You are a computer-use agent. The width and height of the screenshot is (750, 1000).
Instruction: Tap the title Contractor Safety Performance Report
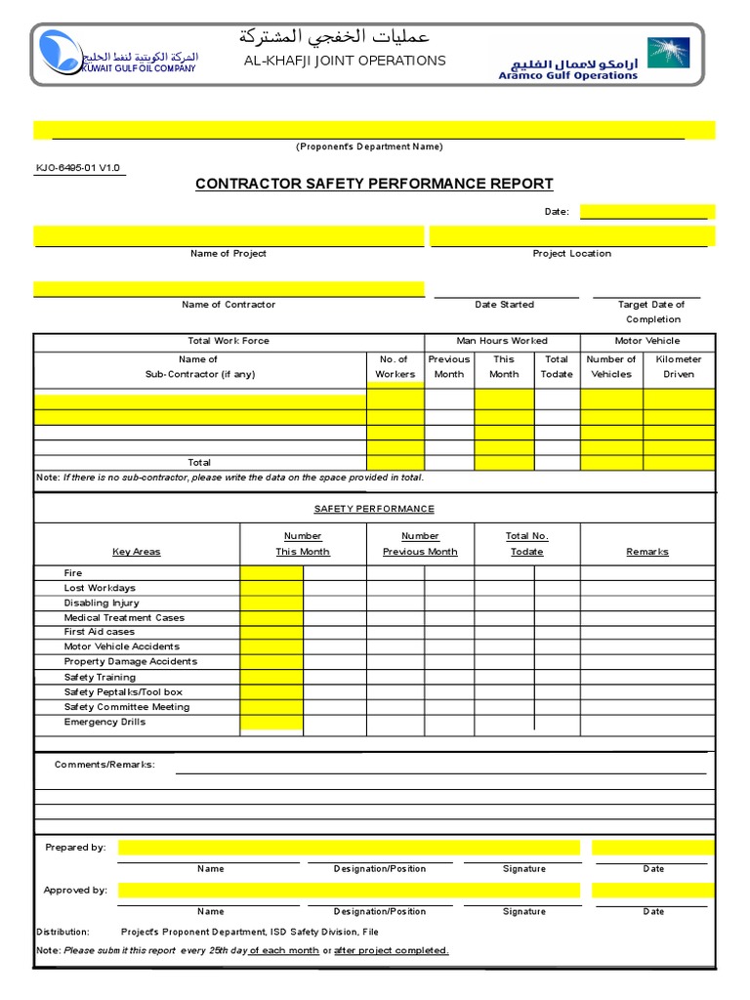(x=374, y=184)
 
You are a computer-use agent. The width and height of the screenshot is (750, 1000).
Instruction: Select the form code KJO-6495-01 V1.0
(x=78, y=168)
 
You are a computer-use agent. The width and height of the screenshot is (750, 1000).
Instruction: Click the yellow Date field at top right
(x=646, y=212)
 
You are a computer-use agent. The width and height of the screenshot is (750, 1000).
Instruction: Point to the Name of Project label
(x=229, y=254)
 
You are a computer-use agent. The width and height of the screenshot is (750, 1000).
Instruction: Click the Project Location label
(x=571, y=254)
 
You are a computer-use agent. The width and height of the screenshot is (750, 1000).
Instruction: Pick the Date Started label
(x=504, y=305)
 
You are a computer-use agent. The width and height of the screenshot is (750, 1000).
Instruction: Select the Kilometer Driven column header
(x=679, y=367)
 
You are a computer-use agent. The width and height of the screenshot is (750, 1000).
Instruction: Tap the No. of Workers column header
(x=395, y=367)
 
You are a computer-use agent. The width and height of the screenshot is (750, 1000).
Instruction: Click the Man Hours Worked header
(x=502, y=341)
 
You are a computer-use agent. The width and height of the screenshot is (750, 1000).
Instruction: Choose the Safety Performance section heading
(x=374, y=509)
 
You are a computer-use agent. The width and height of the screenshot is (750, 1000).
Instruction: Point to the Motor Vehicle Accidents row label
(x=122, y=646)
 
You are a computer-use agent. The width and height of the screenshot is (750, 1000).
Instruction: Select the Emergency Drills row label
(x=104, y=722)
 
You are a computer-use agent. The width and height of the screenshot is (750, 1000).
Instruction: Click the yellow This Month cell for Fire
(x=271, y=573)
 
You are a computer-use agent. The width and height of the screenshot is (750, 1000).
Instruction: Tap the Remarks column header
(x=646, y=552)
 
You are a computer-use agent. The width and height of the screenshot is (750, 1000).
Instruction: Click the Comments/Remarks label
(x=104, y=764)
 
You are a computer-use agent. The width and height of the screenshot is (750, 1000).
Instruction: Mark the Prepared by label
(x=75, y=848)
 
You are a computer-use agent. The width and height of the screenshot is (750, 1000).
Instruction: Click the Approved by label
(x=75, y=891)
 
